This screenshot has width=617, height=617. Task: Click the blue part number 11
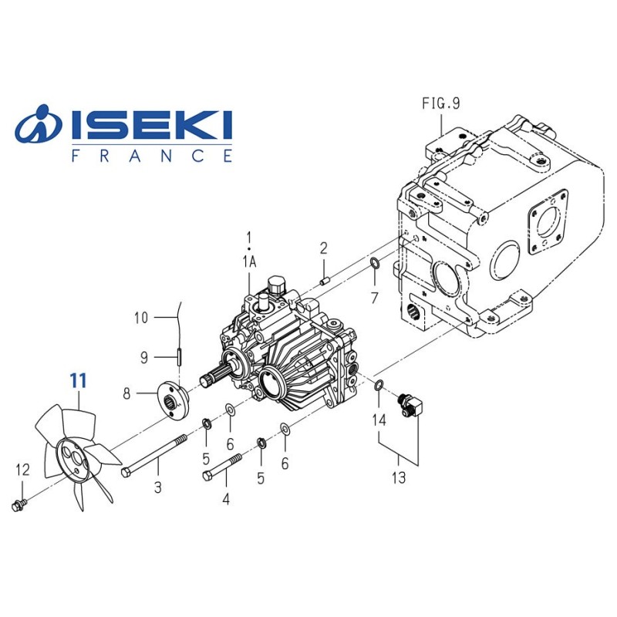click(78, 380)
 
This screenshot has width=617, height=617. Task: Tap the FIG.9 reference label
click(440, 104)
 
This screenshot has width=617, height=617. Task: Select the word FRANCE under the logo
click(151, 156)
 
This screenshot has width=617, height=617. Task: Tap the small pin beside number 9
click(177, 357)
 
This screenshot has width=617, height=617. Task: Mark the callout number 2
click(324, 248)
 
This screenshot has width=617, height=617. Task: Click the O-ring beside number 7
click(373, 266)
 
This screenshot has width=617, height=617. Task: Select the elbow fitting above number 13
click(409, 403)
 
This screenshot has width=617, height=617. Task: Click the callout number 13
click(398, 478)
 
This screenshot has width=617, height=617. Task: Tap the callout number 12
click(22, 470)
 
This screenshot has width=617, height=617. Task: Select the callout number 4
click(226, 499)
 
